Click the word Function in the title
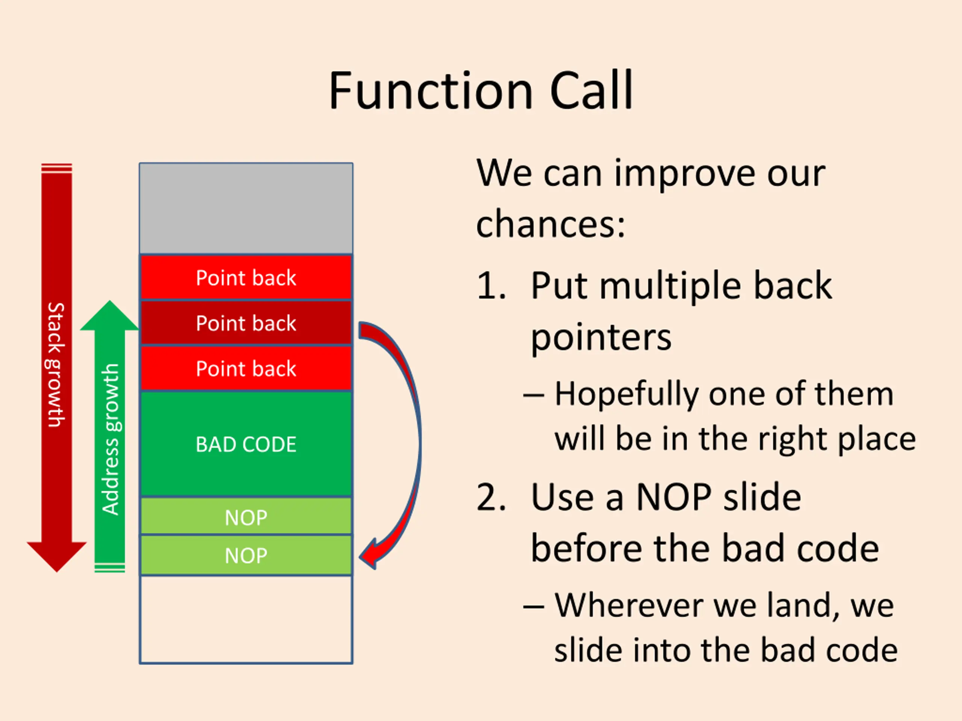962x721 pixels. coord(431,91)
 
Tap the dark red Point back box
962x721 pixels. coord(246,323)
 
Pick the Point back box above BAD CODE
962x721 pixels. coord(246,368)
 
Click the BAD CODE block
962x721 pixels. coord(246,444)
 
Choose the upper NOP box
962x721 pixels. coord(246,517)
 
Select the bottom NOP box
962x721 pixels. coord(246,555)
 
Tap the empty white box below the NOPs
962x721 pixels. coord(246,619)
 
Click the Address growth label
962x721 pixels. coord(110,439)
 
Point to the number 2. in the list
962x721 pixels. coord(491,498)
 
